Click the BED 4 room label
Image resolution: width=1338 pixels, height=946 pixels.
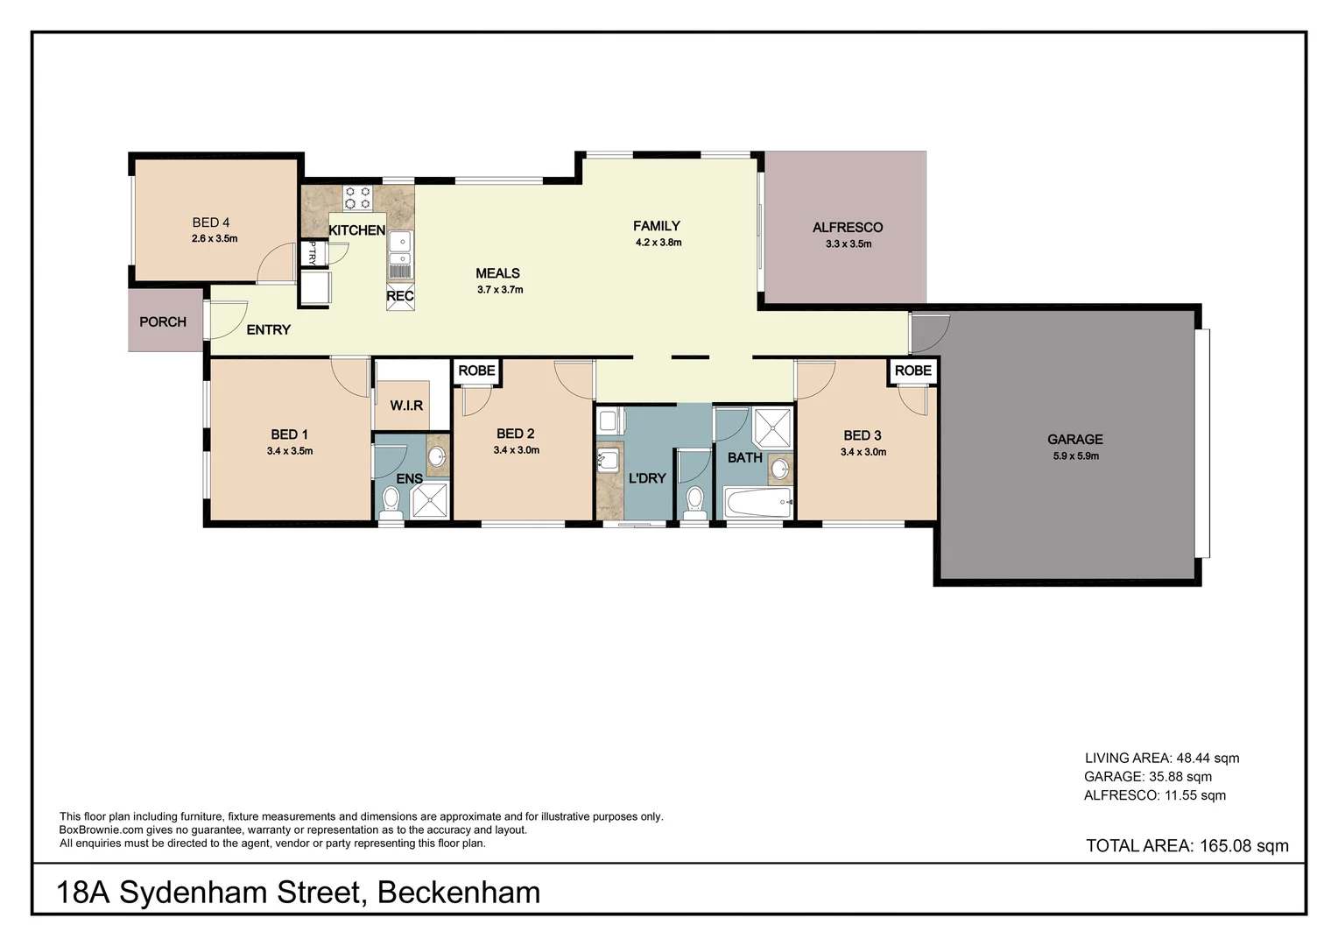pos(211,222)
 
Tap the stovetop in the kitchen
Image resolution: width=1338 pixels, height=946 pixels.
pos(357,198)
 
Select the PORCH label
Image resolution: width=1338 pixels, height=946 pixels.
pos(163,321)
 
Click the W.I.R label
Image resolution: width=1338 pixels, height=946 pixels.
pos(406,406)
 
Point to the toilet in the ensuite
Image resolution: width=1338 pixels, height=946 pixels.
pos(391,503)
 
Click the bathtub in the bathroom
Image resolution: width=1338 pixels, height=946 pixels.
pos(757,504)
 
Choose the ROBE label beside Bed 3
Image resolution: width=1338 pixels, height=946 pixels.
pos(912,371)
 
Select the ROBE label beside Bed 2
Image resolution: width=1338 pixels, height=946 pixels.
pos(476,371)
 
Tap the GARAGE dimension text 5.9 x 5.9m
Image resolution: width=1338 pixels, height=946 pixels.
pos(1075,456)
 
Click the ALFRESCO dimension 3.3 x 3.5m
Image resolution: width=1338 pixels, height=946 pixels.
pos(848,244)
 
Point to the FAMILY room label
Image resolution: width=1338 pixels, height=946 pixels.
pos(657,226)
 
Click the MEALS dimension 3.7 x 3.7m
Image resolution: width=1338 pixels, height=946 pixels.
pos(499,290)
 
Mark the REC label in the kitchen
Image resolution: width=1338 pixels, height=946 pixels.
pos(400,296)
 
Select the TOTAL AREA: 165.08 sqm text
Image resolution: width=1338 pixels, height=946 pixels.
pos(1187,845)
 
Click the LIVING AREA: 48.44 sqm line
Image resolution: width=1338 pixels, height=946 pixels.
pos(1161,759)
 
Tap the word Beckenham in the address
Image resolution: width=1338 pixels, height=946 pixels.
pos(458,893)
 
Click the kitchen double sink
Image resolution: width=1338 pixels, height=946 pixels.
pos(400,250)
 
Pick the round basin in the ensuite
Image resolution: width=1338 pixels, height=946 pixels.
pos(436,456)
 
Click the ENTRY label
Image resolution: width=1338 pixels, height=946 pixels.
pos(268,330)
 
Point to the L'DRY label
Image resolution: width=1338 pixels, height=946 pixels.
pos(647,478)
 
